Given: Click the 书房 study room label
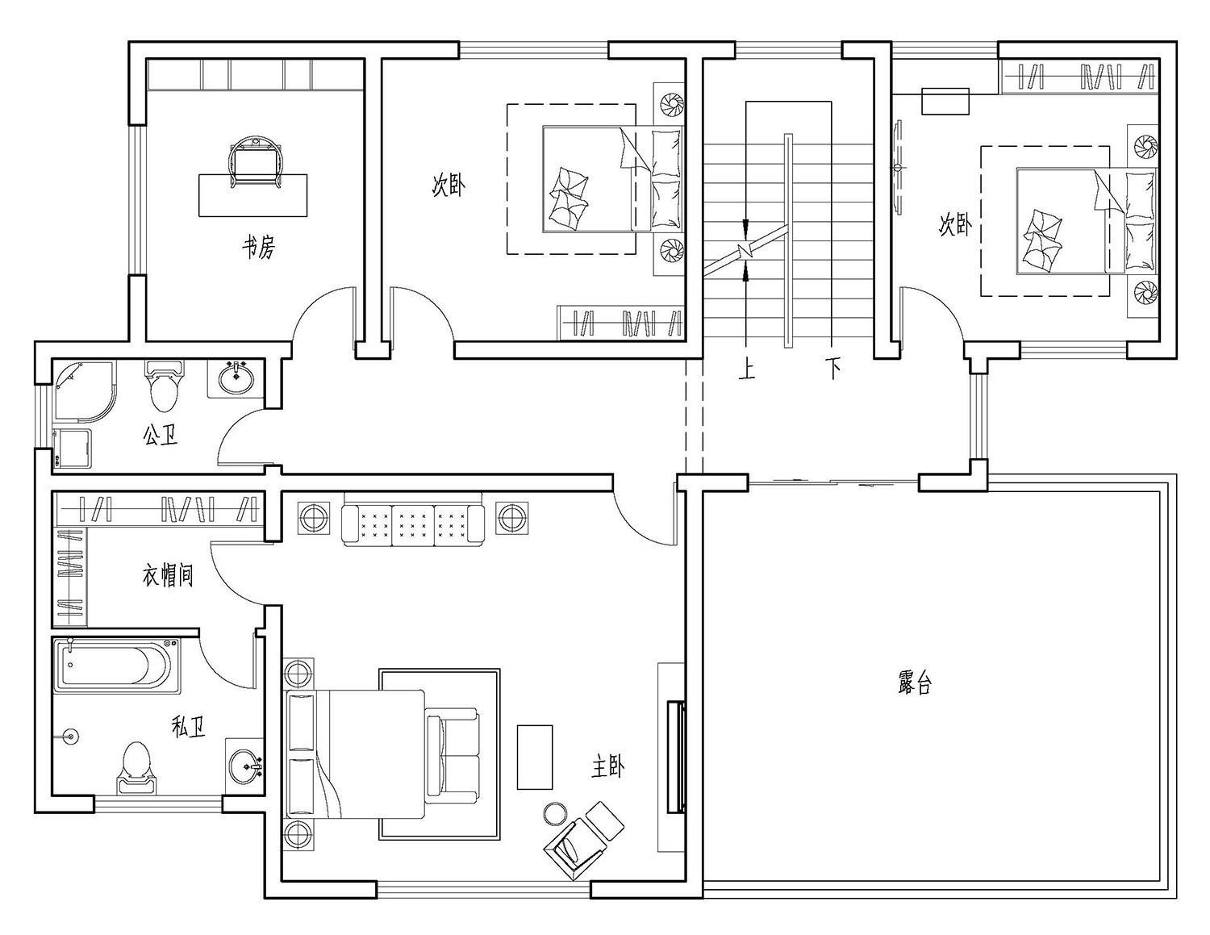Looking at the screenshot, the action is pyautogui.click(x=259, y=247).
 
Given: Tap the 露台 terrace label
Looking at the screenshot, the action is pyautogui.click(x=915, y=682).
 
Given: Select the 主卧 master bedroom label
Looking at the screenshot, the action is pyautogui.click(x=607, y=767).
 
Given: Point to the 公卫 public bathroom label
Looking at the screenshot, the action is pyautogui.click(x=161, y=435).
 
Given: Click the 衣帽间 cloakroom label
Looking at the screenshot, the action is pyautogui.click(x=168, y=575).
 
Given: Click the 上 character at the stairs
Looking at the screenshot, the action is pyautogui.click(x=747, y=369).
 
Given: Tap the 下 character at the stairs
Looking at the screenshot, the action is pyautogui.click(x=833, y=369).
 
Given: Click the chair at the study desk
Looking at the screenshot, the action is pyautogui.click(x=257, y=161).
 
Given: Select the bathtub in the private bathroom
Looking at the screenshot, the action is pyautogui.click(x=118, y=666).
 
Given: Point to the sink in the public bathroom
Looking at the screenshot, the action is pyautogui.click(x=236, y=378).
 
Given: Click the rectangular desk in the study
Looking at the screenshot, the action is pyautogui.click(x=252, y=195).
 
